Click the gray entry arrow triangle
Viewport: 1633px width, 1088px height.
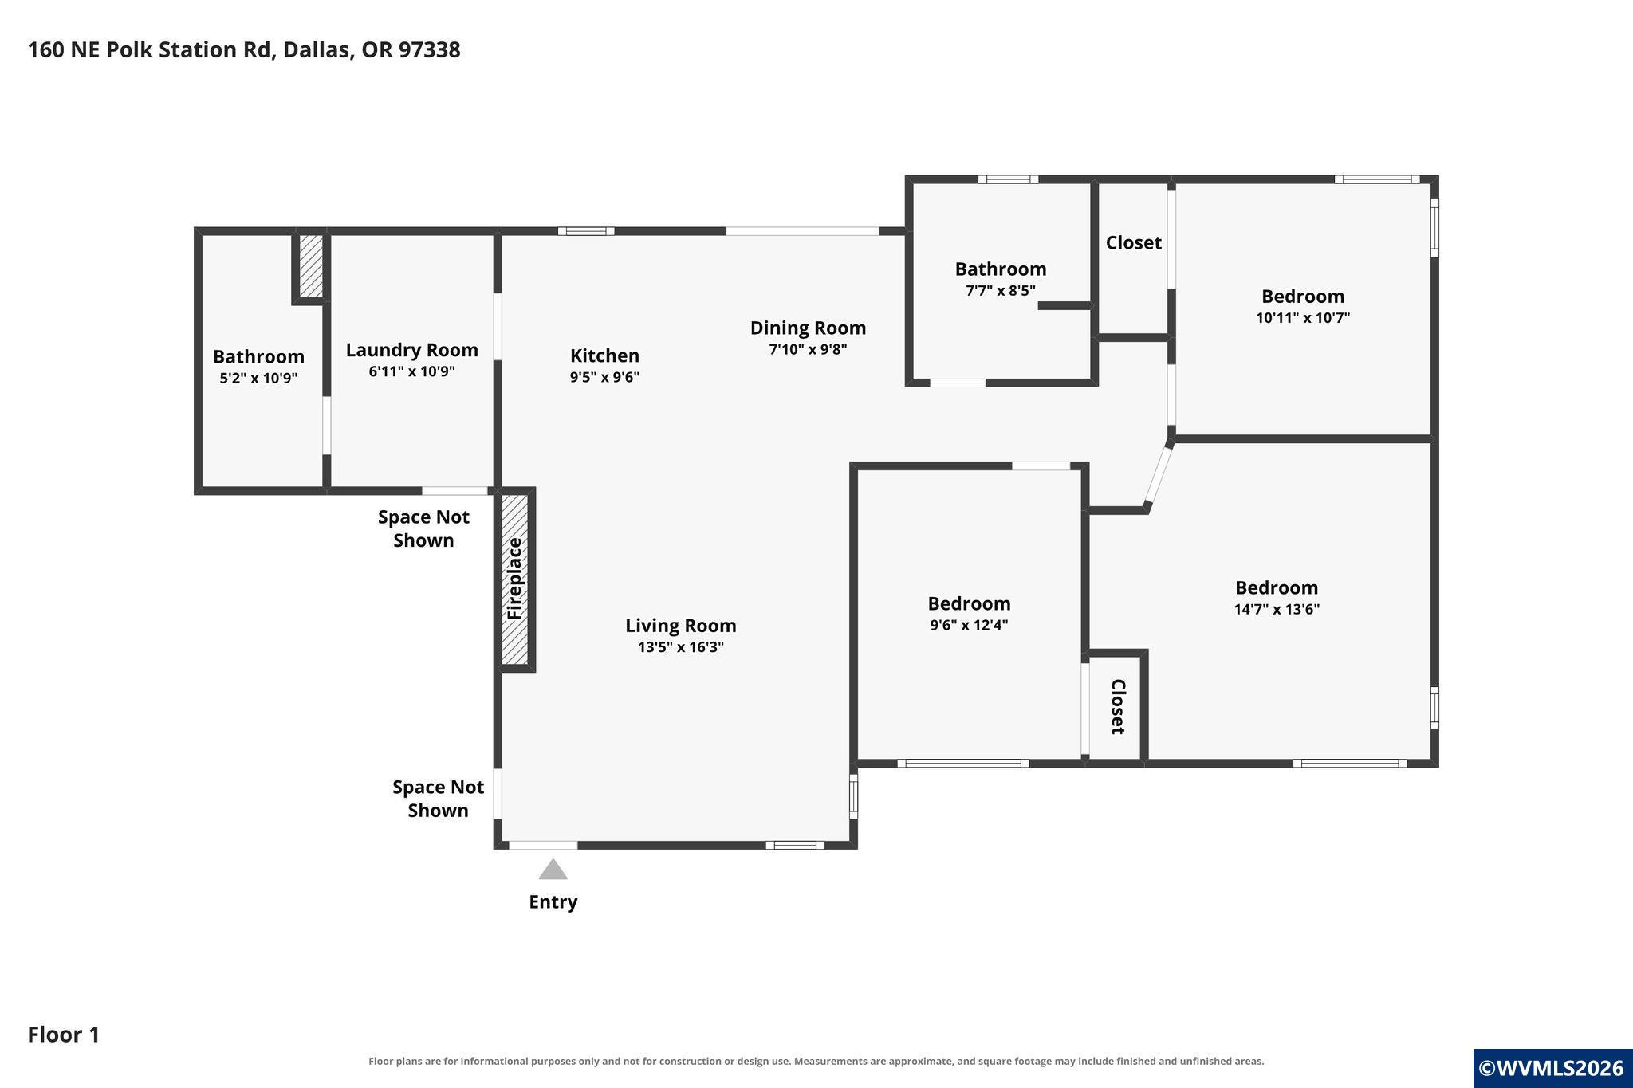[x=553, y=870]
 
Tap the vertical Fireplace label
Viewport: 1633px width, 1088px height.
[x=514, y=579]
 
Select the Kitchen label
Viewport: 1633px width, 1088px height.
[x=604, y=355]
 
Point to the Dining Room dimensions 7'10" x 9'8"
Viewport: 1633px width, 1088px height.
[x=808, y=349]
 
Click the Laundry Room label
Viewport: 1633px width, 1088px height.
[x=411, y=350]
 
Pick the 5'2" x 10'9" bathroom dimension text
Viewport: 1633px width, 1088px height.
[x=258, y=378]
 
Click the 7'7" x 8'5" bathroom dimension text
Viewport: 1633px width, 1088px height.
[x=1001, y=290]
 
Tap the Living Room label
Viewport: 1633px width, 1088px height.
[x=680, y=626]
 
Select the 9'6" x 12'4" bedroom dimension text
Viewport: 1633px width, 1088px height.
[x=969, y=625]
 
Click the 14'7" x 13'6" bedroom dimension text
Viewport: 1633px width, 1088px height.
[x=1277, y=609]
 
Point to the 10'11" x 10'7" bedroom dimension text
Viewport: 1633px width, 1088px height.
[x=1303, y=317]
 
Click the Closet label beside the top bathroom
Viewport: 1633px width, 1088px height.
[x=1133, y=242]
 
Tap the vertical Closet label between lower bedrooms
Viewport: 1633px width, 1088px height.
[x=1117, y=707]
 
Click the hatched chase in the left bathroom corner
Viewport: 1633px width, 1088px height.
[x=311, y=266]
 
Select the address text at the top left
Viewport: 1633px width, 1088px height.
[x=244, y=49]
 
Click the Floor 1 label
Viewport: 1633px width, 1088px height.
[x=64, y=1035]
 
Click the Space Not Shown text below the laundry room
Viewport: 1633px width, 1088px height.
[x=423, y=528]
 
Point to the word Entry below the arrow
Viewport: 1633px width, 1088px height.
[x=553, y=901]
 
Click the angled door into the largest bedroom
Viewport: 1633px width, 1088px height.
[x=1159, y=477]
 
